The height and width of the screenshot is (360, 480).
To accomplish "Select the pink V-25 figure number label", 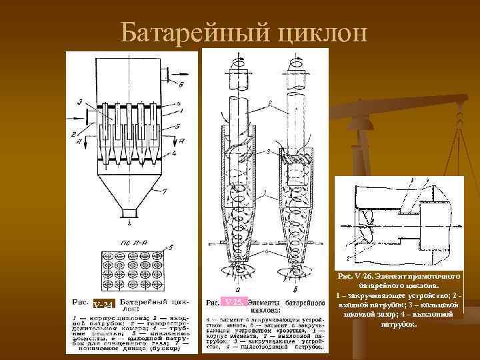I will (235, 302).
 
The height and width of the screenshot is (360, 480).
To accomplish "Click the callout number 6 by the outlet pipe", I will (181, 85).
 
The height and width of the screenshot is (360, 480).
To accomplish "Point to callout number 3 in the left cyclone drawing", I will (79, 101).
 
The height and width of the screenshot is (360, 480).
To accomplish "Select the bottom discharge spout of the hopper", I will (126, 213).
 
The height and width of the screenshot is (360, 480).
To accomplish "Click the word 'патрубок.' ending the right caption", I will (399, 324).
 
